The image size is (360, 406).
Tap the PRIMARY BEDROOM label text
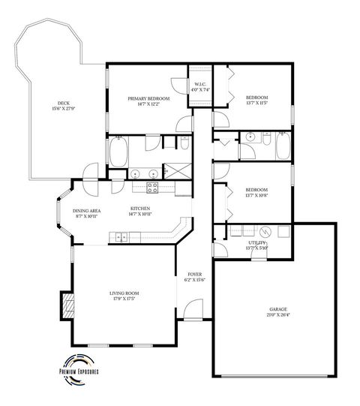[x=148, y=98]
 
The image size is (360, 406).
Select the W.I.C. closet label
[x=200, y=84]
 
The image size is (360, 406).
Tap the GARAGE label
[x=279, y=309]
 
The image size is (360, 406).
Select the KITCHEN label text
[x=140, y=208]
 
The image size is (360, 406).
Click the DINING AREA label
[x=86, y=212]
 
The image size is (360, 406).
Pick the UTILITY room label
[x=257, y=243]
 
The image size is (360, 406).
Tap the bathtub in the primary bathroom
[x=118, y=152]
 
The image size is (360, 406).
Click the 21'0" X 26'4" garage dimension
[x=279, y=315]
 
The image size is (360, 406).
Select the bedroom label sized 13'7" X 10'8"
[x=256, y=194]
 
